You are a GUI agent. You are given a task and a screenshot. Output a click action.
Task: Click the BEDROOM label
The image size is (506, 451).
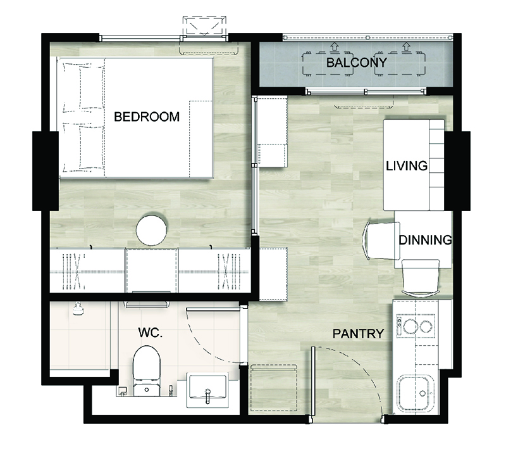coord(147,117)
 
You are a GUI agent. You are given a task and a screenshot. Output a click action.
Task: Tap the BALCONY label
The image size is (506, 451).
coord(356,63)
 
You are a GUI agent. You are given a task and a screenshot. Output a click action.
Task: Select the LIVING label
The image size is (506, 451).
coord(407,166)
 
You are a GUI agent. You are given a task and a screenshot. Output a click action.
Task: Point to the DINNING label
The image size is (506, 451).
coord(425,240)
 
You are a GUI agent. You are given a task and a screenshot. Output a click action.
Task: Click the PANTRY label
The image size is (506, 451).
coord(358,333)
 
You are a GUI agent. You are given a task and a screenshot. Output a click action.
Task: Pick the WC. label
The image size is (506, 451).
coord(150,332)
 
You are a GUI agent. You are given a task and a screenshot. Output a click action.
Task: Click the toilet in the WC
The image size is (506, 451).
coord(147,371)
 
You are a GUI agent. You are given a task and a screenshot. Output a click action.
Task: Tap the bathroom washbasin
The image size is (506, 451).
coord(207,390)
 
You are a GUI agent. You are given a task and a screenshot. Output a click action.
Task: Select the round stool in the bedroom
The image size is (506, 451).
coord(151,230)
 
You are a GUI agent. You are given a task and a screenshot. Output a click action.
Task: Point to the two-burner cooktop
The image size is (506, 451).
coord(416,326)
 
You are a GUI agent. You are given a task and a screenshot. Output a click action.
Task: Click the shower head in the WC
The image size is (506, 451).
coord(78,308)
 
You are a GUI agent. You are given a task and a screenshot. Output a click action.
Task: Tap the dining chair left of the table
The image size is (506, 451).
coord(381,241)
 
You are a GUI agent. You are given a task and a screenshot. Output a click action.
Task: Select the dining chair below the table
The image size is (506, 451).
coord(421,277)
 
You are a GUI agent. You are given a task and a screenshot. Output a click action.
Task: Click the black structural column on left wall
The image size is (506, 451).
coord(46,170)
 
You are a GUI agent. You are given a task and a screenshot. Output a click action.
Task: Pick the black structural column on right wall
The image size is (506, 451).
coord(457,170)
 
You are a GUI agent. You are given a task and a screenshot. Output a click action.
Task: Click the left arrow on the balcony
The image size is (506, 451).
coord(334,47)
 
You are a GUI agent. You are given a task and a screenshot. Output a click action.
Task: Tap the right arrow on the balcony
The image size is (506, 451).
coord(406,47)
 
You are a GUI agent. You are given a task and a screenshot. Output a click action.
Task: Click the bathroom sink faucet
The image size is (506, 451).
coord(208,396)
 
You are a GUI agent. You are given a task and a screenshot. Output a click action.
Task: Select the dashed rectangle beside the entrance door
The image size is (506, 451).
coord(274,388)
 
